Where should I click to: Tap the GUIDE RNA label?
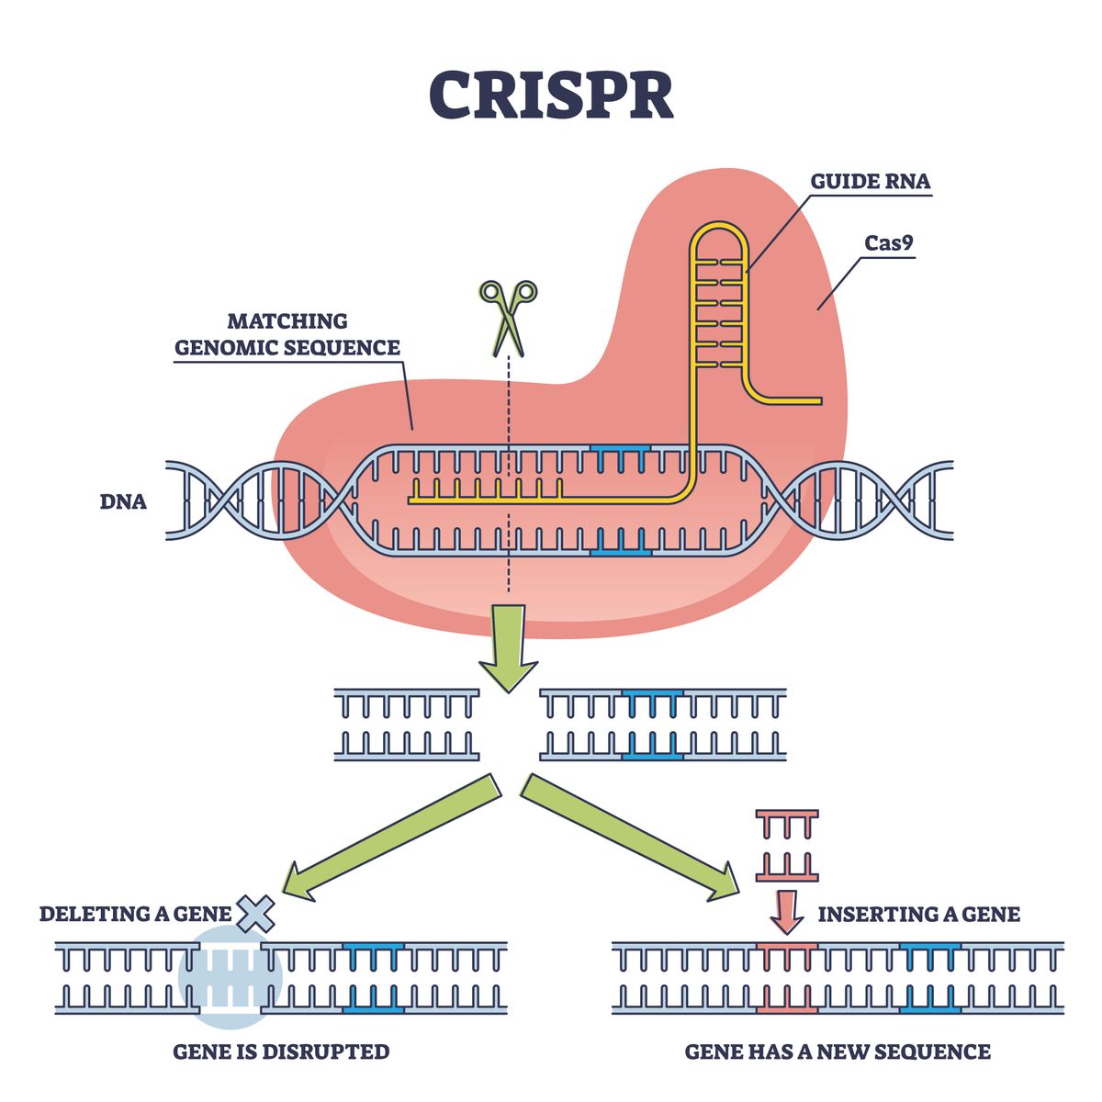click(x=869, y=181)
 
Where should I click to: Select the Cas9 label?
click(x=889, y=243)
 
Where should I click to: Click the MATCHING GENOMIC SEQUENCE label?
click(x=287, y=334)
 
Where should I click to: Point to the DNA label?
click(x=123, y=502)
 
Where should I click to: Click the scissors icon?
click(x=508, y=317)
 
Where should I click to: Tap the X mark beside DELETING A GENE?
click(x=256, y=914)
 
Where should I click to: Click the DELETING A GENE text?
click(x=135, y=914)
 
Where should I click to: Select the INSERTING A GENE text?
click(x=918, y=914)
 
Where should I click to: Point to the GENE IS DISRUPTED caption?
click(x=281, y=1051)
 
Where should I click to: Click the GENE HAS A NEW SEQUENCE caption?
click(x=838, y=1051)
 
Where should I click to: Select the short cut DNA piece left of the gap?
click(x=407, y=725)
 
